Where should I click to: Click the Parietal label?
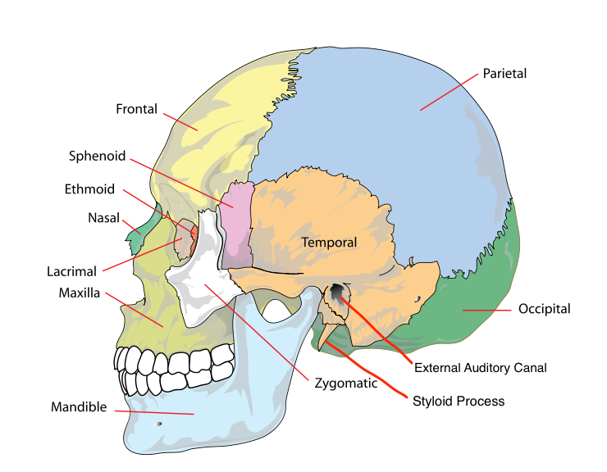click(x=504, y=74)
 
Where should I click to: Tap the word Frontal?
click(x=136, y=109)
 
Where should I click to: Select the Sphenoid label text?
click(x=97, y=155)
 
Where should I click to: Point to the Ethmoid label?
click(x=89, y=189)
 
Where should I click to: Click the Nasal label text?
click(x=103, y=218)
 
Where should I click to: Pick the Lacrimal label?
click(x=72, y=271)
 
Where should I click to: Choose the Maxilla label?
click(x=80, y=293)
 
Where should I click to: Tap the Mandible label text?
click(x=79, y=406)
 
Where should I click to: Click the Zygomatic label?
click(x=345, y=383)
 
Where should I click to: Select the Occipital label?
click(x=544, y=310)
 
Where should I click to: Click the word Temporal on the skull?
click(x=329, y=243)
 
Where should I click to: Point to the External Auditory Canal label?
click(x=480, y=368)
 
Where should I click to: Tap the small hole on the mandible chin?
click(x=159, y=424)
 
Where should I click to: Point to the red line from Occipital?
click(x=488, y=311)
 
